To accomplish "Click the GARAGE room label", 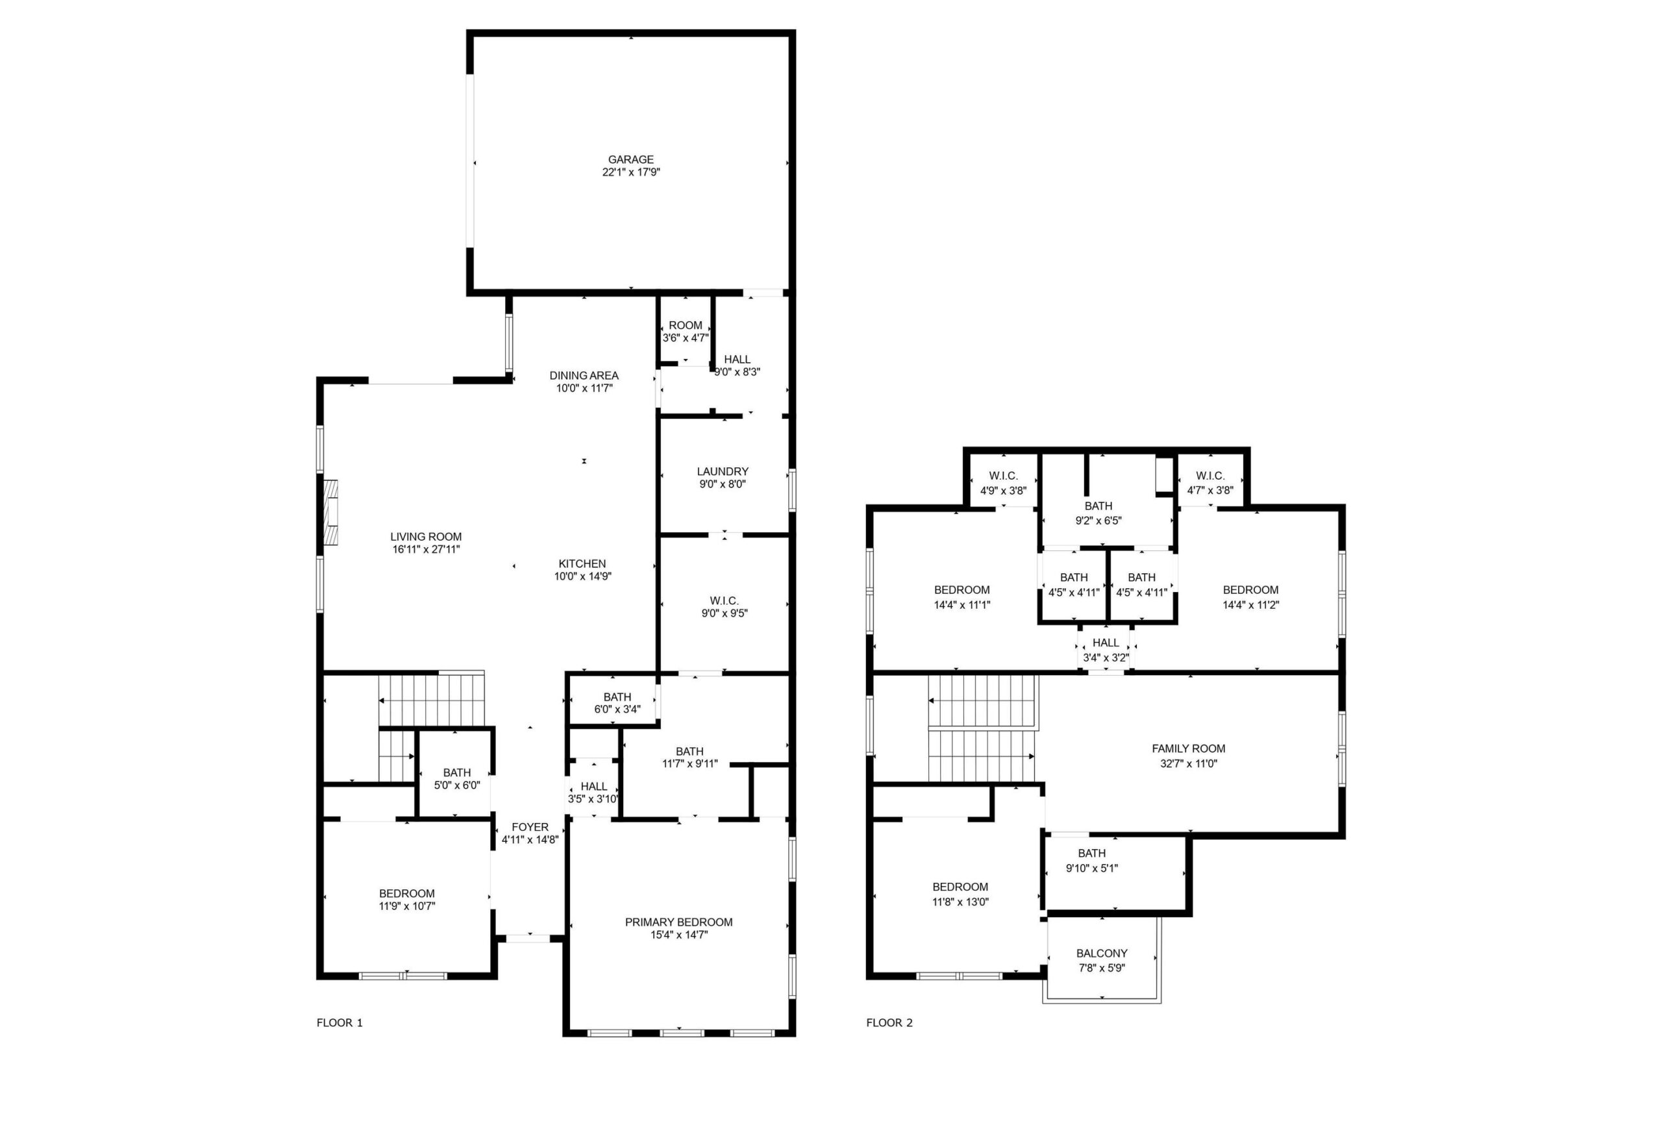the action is pos(630,160).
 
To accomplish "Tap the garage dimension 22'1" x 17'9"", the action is pos(630,172).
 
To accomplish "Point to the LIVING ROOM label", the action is pos(426,537).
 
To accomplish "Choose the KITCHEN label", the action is pos(582,564).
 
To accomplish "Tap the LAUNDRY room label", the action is pos(723,472).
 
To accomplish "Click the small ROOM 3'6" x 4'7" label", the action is pos(686,332).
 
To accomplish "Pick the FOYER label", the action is pos(530,827).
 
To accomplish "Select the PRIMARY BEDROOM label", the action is pos(678,922).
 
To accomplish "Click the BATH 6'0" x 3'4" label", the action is pos(617,704).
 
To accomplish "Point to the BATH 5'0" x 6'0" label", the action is pos(457,778).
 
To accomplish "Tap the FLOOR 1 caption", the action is pos(340,1023).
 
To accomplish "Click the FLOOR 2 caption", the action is pos(889,1023).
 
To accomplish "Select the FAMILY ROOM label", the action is pos(1188,748).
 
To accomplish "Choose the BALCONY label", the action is pos(1102,954).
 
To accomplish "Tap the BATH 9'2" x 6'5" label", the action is pos(1098,513).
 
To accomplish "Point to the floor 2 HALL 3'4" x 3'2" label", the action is pos(1105,650).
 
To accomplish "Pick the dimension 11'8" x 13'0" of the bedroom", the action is pos(960,902).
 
